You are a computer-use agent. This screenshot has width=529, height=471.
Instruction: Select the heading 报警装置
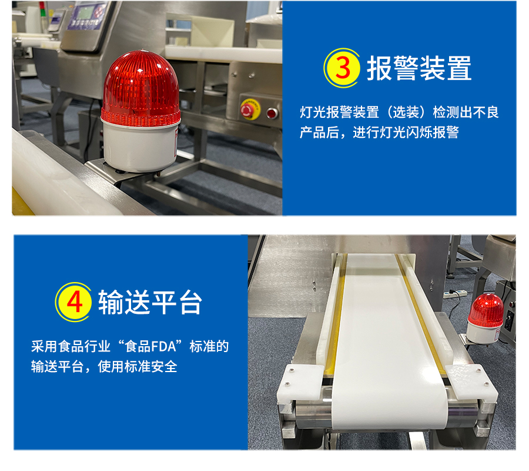[419, 68]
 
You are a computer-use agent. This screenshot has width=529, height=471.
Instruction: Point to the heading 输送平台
[150, 303]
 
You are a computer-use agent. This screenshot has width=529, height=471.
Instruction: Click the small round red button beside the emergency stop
[272, 113]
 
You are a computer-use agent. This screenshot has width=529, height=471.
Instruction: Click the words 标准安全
[150, 367]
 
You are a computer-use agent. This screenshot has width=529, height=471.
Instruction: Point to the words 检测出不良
[466, 112]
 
